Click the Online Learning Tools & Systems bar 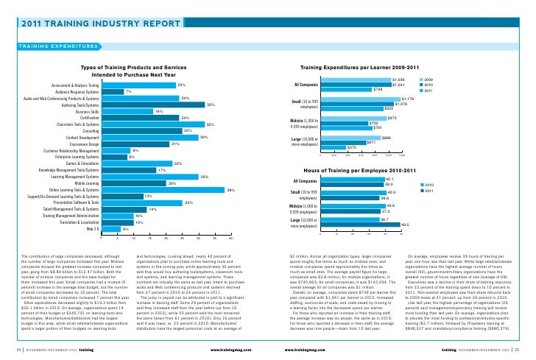point(163,190)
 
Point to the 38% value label point(230,190)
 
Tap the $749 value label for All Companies point(377,89)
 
